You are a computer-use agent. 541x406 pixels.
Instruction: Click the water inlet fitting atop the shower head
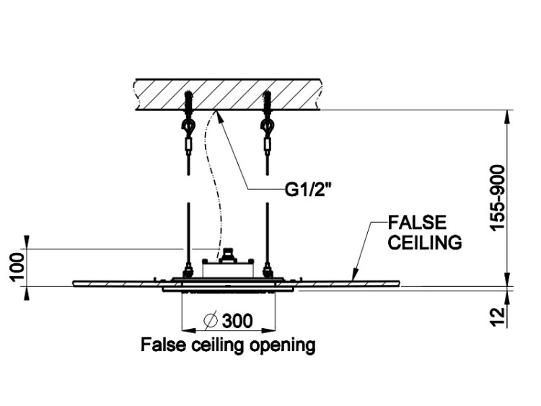pyautogui.click(x=229, y=254)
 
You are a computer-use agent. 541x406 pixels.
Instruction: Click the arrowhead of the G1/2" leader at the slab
pyautogui.click(x=219, y=113)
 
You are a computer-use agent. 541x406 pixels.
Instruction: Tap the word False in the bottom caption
pyautogui.click(x=159, y=345)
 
